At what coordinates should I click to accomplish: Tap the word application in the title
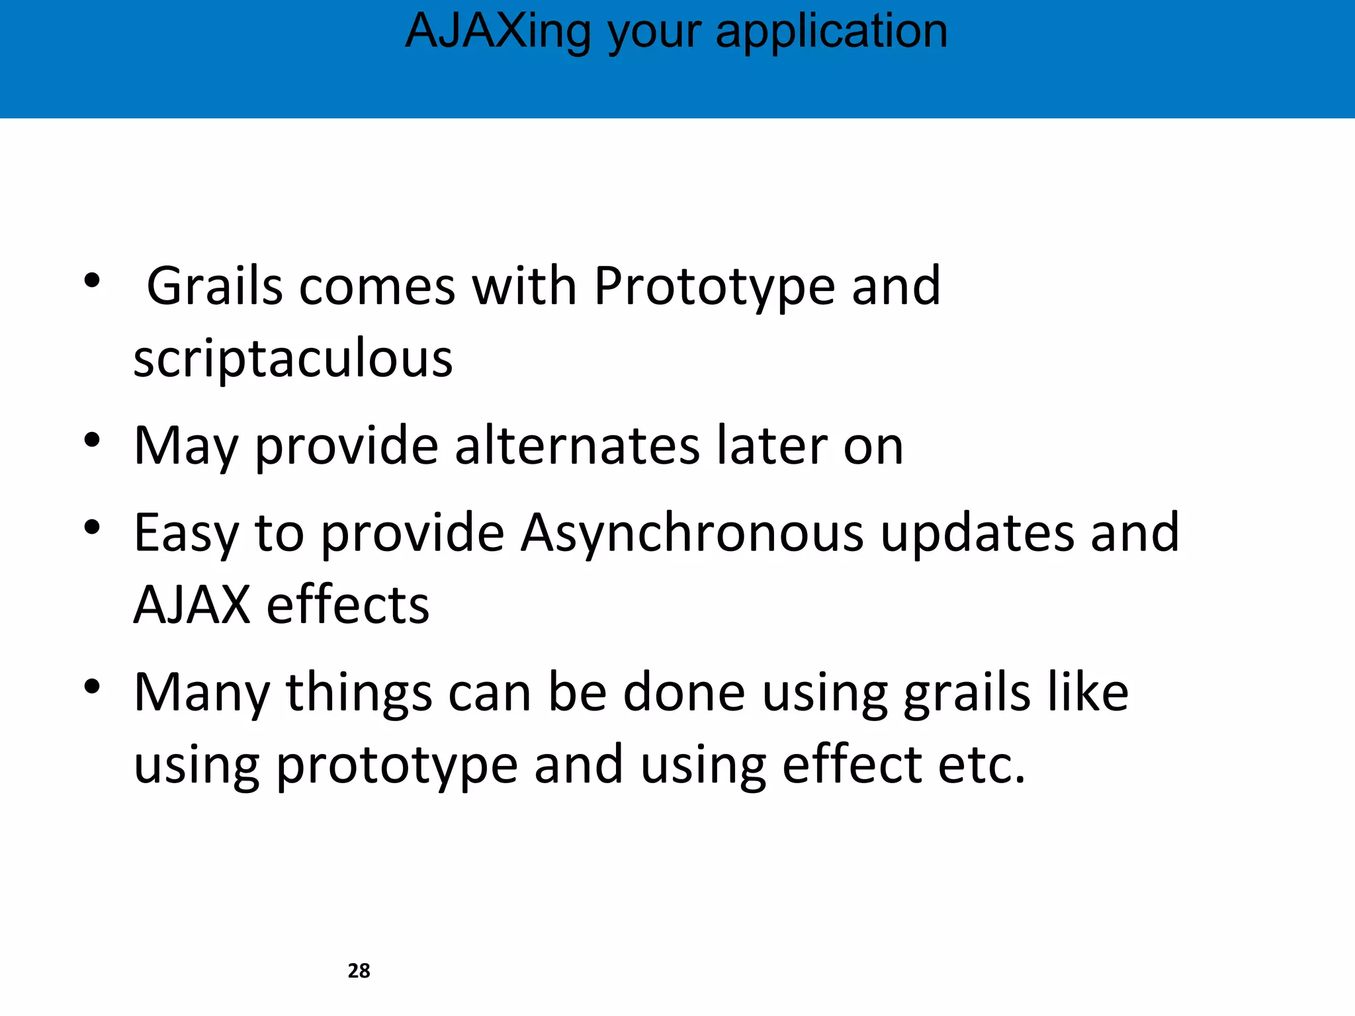[x=832, y=31]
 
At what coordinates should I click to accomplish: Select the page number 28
[x=359, y=970]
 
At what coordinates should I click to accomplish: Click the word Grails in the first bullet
[x=214, y=286]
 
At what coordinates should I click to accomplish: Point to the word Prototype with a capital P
[x=714, y=286]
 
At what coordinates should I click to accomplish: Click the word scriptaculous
[x=293, y=359]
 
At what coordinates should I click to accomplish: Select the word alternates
[x=577, y=445]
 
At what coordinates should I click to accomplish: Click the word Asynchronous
[x=691, y=533]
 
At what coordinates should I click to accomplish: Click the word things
[x=359, y=693]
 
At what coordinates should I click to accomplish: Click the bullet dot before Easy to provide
[x=92, y=527]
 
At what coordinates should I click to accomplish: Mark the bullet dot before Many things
[x=92, y=687]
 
